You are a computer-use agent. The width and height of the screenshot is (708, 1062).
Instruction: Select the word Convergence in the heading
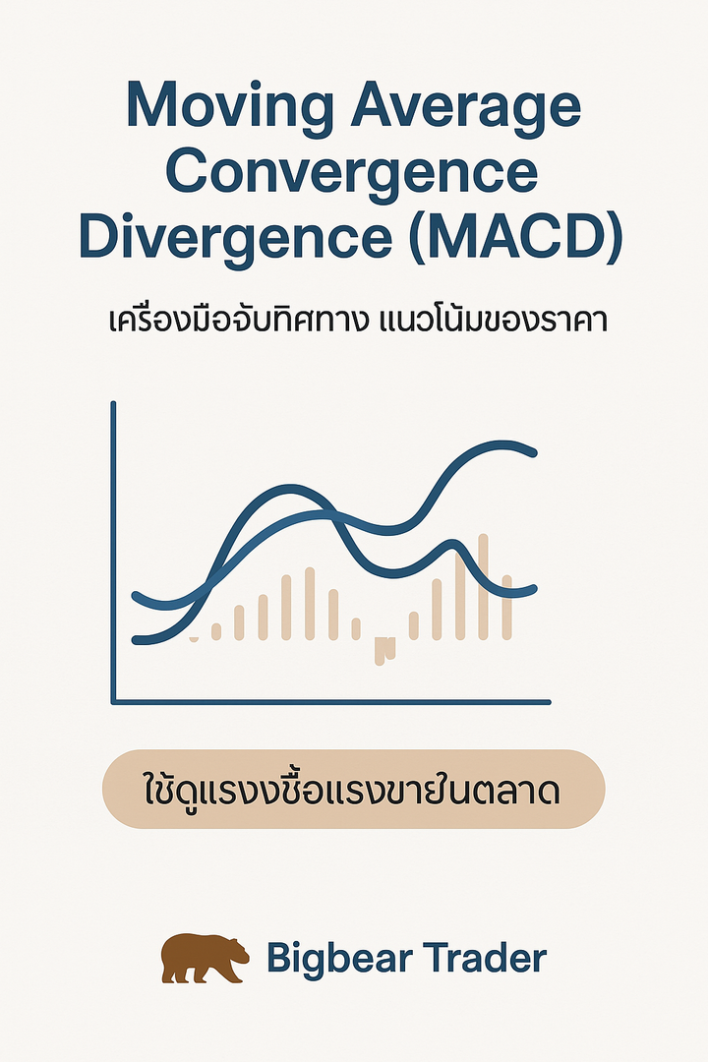352,175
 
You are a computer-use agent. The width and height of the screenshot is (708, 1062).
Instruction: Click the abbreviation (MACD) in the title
516,238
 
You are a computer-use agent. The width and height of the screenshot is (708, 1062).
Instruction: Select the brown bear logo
205,958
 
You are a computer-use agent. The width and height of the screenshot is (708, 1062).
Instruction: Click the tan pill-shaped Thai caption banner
353,789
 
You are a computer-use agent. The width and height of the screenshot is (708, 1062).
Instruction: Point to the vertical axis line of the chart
113,553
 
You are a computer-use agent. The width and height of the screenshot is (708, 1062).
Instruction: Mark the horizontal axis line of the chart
331,702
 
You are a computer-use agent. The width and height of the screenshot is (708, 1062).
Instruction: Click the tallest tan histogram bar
483,586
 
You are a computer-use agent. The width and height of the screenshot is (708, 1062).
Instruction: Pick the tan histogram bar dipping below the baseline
383,650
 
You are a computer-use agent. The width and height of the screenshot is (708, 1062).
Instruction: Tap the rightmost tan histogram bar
506,607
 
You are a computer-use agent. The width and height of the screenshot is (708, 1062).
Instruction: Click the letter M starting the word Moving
149,105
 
